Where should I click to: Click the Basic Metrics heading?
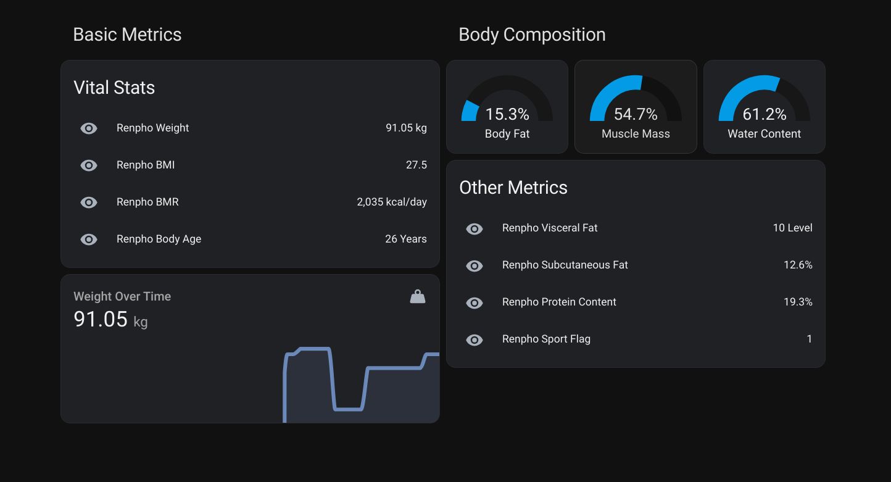[127, 35]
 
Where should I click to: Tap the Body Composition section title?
[531, 35]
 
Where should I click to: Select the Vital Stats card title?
[114, 88]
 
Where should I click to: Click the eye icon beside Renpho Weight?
[89, 128]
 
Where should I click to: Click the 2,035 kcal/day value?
[391, 202]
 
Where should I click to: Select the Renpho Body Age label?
[159, 239]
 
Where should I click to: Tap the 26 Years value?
[405, 239]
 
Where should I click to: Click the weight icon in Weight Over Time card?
[418, 297]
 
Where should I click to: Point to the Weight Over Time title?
[122, 296]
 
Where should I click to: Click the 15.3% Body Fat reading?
[507, 114]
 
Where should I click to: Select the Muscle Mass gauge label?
[636, 134]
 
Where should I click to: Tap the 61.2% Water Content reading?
[764, 114]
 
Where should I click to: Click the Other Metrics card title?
[513, 188]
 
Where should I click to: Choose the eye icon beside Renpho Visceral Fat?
[475, 229]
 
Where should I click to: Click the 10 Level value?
[792, 228]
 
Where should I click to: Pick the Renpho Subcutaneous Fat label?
[565, 265]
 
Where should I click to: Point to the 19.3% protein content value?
[797, 302]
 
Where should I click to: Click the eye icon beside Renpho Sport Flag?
[475, 340]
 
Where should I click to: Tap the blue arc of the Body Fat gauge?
[470, 111]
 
